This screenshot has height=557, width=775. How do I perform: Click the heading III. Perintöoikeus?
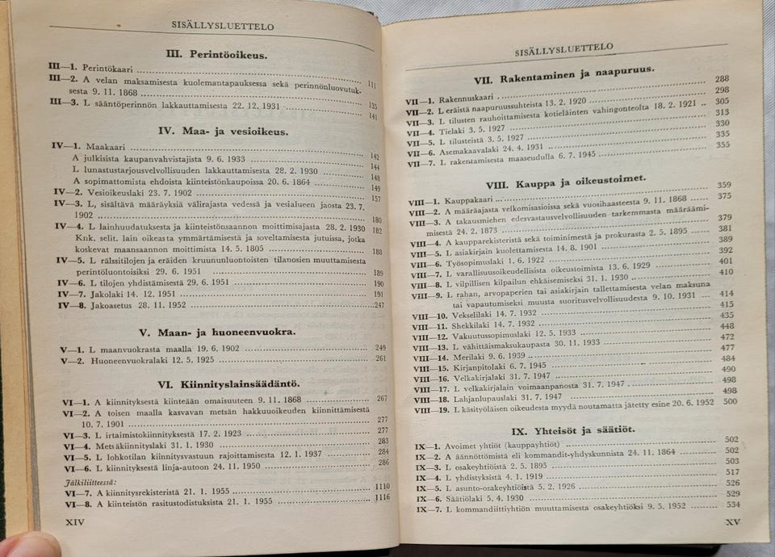216,56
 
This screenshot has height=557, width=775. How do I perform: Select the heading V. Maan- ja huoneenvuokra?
216,331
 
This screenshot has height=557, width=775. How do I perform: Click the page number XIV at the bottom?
74,522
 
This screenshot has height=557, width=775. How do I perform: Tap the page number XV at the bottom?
731,522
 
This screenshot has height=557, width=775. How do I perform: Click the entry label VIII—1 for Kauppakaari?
424,202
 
